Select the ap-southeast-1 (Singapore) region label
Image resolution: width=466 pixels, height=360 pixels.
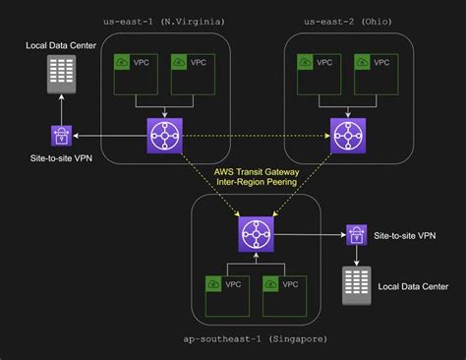coord(256,338)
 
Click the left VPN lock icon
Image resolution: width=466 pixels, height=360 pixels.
coord(61,135)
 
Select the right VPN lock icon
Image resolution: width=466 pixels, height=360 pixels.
coord(355,234)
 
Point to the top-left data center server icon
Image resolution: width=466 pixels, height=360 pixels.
coord(61,73)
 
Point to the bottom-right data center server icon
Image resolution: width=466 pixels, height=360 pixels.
coord(355,287)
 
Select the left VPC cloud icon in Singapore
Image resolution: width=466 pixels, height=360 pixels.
coord(213,283)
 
